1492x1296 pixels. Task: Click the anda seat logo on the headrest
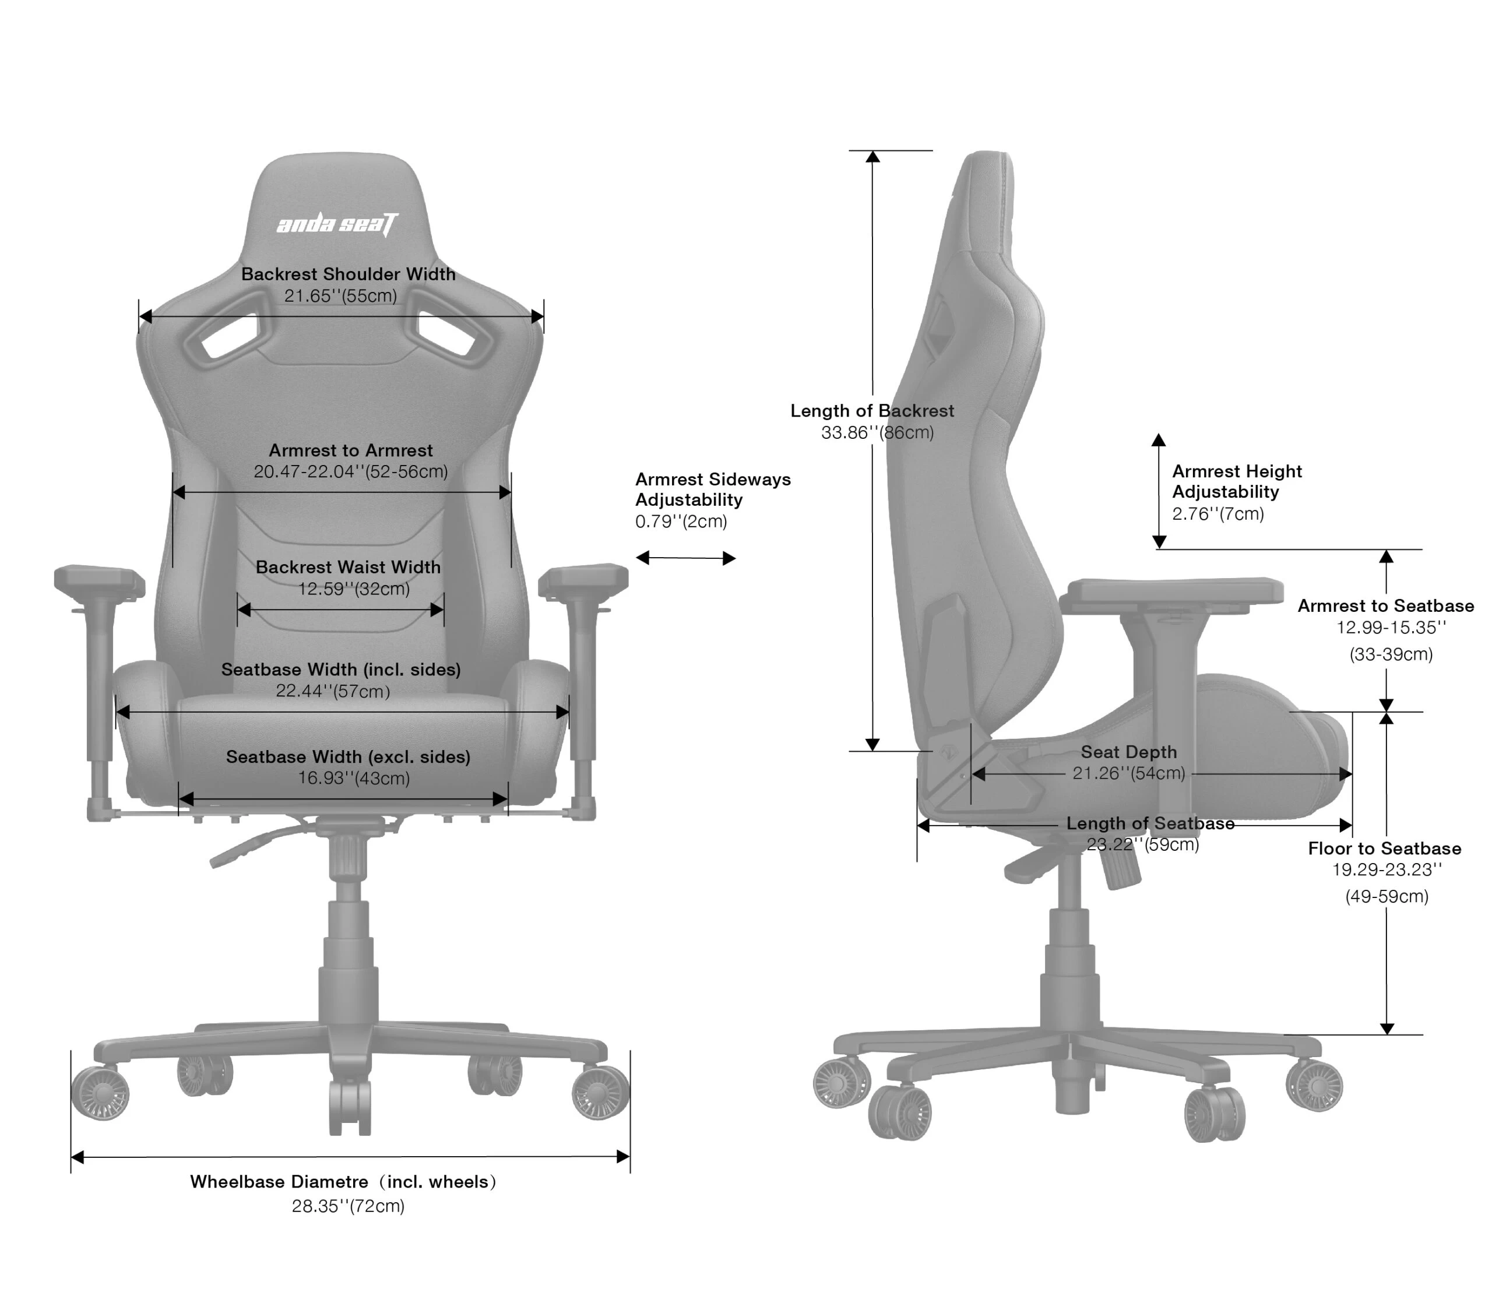(337, 224)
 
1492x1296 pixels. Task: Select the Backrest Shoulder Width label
(348, 274)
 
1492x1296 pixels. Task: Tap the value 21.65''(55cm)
(340, 296)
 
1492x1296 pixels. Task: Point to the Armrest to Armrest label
(351, 450)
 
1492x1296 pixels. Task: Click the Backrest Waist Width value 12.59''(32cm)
(354, 589)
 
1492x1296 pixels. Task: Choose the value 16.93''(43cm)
(354, 778)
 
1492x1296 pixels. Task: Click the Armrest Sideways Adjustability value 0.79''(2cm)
(681, 522)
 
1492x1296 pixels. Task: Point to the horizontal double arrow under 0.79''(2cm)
(685, 558)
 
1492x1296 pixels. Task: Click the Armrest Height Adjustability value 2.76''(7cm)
(1218, 514)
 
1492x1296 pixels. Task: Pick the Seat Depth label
(1128, 752)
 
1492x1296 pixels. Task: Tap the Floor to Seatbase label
(1384, 848)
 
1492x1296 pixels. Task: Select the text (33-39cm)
(1391, 654)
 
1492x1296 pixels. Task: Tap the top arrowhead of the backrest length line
(872, 156)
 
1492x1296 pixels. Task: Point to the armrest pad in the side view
(1171, 591)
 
